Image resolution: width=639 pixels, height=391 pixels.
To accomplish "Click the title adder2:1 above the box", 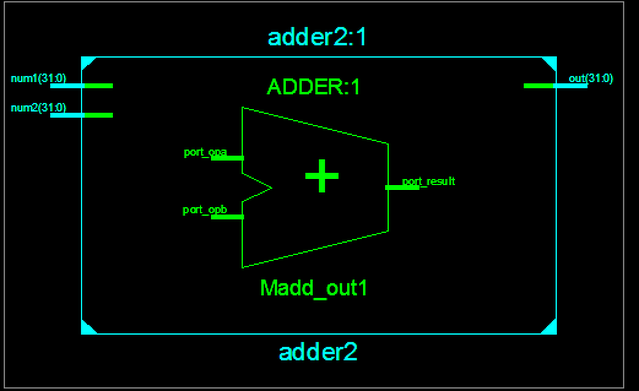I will click(x=317, y=38).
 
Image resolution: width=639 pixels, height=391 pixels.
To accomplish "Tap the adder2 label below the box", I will click(x=318, y=353).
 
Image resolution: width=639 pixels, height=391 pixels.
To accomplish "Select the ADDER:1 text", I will click(x=313, y=87).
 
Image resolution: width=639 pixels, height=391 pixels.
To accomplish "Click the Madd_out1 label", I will click(x=314, y=288).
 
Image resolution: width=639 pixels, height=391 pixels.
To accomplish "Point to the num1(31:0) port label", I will click(x=38, y=78).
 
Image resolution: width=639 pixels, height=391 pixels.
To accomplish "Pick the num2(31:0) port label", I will click(x=38, y=107).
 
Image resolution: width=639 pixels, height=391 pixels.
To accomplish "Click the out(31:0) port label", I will click(x=591, y=78).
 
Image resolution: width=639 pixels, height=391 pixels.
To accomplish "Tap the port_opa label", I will click(x=205, y=152).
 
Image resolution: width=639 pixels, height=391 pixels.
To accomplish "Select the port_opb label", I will click(x=205, y=210).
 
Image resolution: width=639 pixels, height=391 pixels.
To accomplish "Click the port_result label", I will click(x=429, y=181).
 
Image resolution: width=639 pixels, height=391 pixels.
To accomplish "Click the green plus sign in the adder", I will click(x=322, y=176).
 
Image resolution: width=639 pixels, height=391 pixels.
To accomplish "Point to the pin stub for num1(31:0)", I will click(x=81, y=86).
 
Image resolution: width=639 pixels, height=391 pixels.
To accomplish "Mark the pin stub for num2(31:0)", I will click(x=81, y=115).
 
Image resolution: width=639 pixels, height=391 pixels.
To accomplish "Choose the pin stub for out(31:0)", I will click(x=555, y=86).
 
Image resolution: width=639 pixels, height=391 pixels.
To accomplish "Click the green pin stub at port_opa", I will click(x=228, y=158).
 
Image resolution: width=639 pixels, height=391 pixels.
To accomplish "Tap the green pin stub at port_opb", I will click(x=228, y=217).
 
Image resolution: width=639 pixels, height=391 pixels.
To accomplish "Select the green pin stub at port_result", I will click(x=401, y=188).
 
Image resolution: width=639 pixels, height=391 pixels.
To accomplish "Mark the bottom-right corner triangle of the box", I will click(x=551, y=329).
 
